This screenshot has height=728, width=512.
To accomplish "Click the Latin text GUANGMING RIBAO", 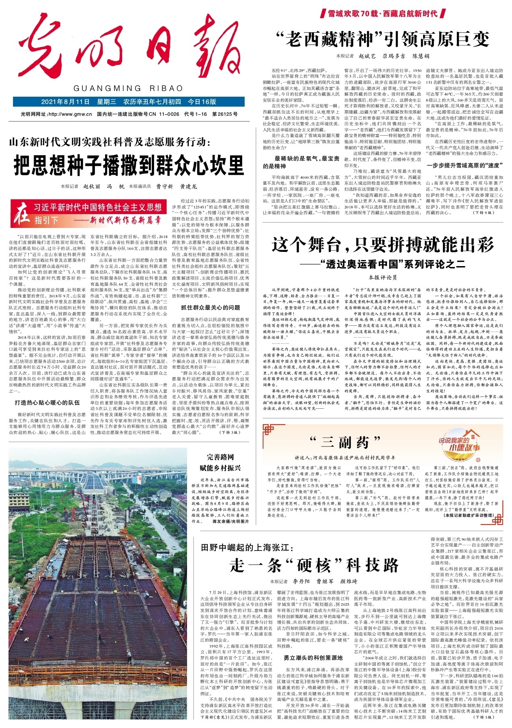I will point(128,89).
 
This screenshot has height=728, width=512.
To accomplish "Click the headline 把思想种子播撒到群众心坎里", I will point(129,165).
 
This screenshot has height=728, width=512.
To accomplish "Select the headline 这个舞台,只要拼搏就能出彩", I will point(383,245).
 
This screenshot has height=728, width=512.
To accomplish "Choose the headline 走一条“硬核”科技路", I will point(314,565).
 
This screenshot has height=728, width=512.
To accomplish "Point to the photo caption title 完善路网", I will point(220,457).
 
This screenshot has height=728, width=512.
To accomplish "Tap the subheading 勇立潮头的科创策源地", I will point(313,658).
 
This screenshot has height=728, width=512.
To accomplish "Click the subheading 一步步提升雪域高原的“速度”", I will point(465,165).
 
